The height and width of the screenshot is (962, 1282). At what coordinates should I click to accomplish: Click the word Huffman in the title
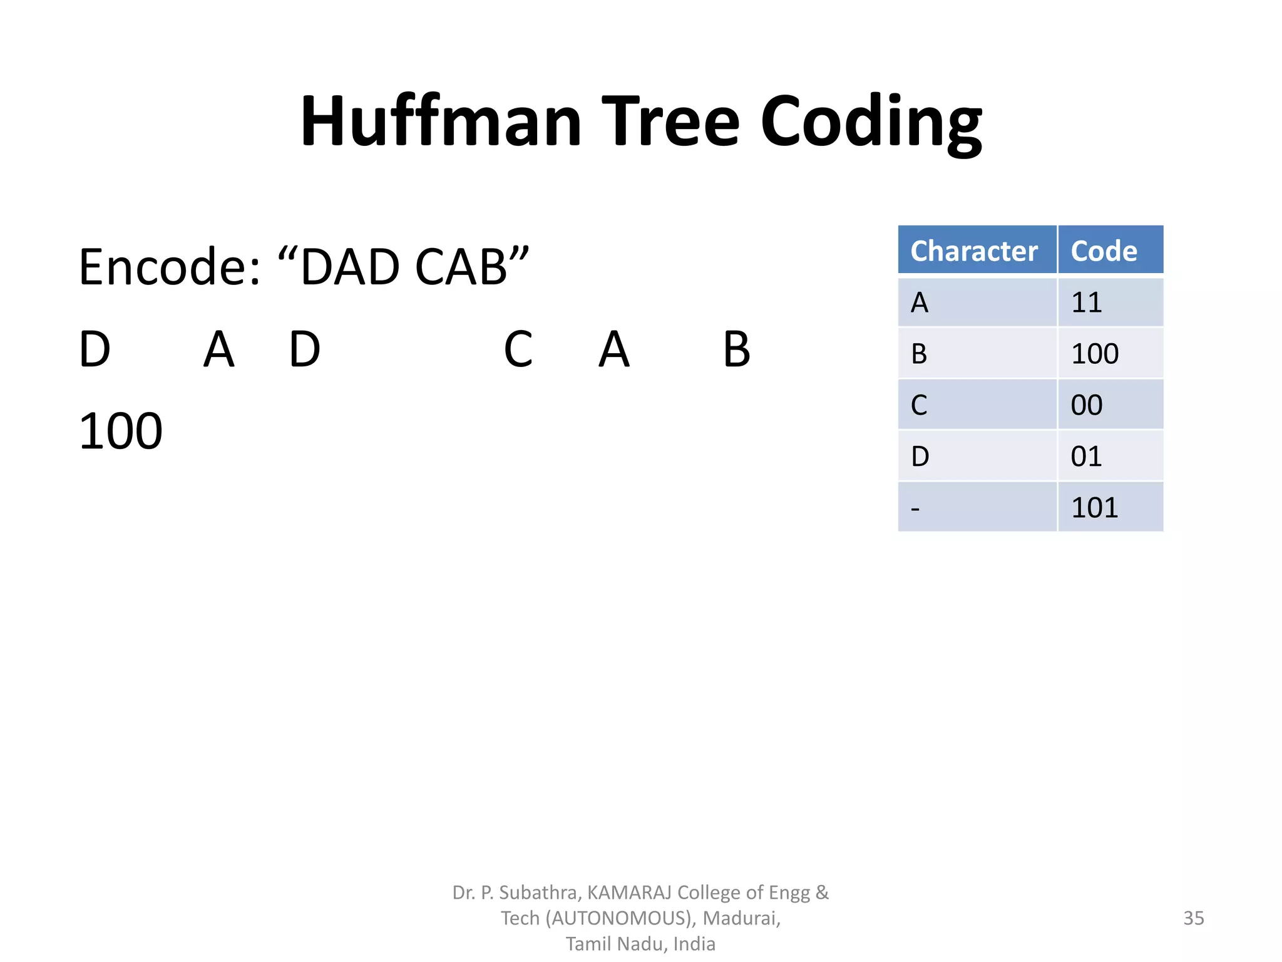(x=441, y=121)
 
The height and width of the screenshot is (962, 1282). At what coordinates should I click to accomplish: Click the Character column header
(x=974, y=251)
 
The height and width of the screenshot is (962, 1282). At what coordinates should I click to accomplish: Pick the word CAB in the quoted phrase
(x=460, y=267)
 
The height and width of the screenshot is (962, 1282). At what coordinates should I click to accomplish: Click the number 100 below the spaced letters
(x=121, y=432)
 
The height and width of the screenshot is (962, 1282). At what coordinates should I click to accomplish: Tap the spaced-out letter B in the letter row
(x=736, y=349)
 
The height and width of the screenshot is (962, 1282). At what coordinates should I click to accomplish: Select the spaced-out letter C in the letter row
(x=518, y=349)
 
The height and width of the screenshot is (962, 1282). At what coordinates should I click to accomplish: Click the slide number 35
(x=1193, y=918)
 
